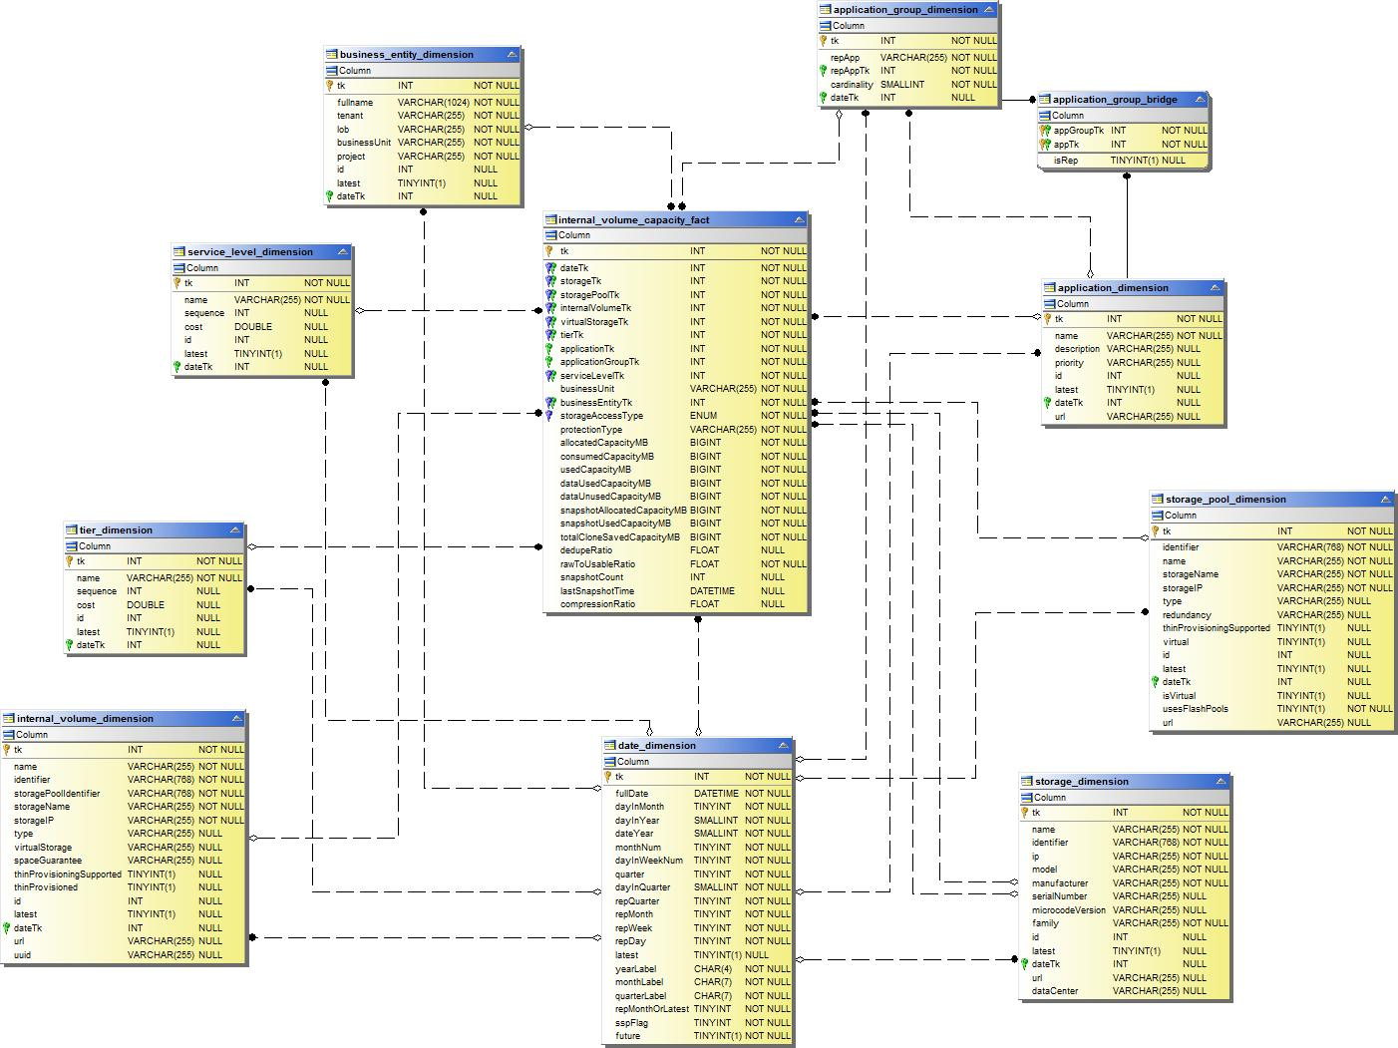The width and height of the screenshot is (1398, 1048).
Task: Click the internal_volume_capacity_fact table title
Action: (633, 220)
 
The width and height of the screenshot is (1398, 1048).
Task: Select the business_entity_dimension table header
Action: (406, 55)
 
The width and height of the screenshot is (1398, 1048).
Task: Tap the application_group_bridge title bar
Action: (1115, 100)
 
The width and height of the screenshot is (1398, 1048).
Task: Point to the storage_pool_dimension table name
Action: (1225, 500)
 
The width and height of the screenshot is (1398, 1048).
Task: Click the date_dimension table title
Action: (656, 746)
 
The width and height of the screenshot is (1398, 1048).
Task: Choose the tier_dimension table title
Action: (116, 530)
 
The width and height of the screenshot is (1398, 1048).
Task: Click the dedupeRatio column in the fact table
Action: (586, 550)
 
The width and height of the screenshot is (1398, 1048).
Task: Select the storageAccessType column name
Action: (601, 416)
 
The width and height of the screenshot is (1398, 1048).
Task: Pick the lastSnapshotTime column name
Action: (596, 591)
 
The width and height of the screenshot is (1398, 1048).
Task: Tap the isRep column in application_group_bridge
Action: (1065, 161)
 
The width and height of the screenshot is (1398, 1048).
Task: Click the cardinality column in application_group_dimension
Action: (852, 85)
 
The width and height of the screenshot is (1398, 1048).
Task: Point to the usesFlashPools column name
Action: (1195, 709)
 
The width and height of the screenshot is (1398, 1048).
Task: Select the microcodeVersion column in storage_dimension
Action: (1068, 910)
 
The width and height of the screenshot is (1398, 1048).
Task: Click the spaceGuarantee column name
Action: (48, 861)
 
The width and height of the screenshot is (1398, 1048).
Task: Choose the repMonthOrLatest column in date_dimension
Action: (651, 1009)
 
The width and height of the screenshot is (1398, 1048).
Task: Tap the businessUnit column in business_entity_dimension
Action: (364, 143)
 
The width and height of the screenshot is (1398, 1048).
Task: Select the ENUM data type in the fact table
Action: (703, 416)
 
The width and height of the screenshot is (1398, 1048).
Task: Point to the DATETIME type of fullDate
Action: (716, 794)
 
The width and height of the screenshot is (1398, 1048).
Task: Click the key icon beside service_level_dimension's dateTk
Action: (177, 367)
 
